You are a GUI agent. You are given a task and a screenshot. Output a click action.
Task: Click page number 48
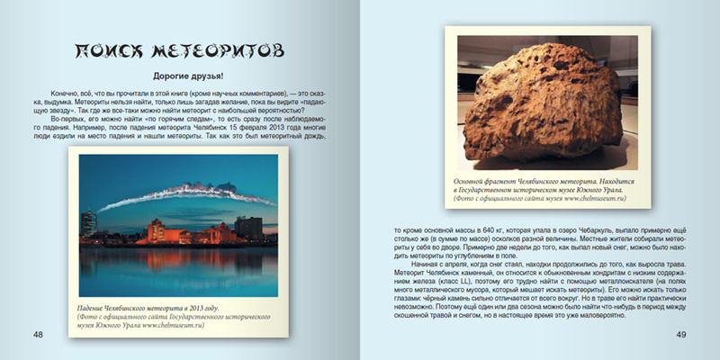(38, 335)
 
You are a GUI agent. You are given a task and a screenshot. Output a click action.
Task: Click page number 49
(681, 335)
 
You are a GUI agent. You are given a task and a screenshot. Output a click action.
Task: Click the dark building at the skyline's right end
(249, 228)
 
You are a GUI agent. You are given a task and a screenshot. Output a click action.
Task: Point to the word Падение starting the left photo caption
(96, 307)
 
